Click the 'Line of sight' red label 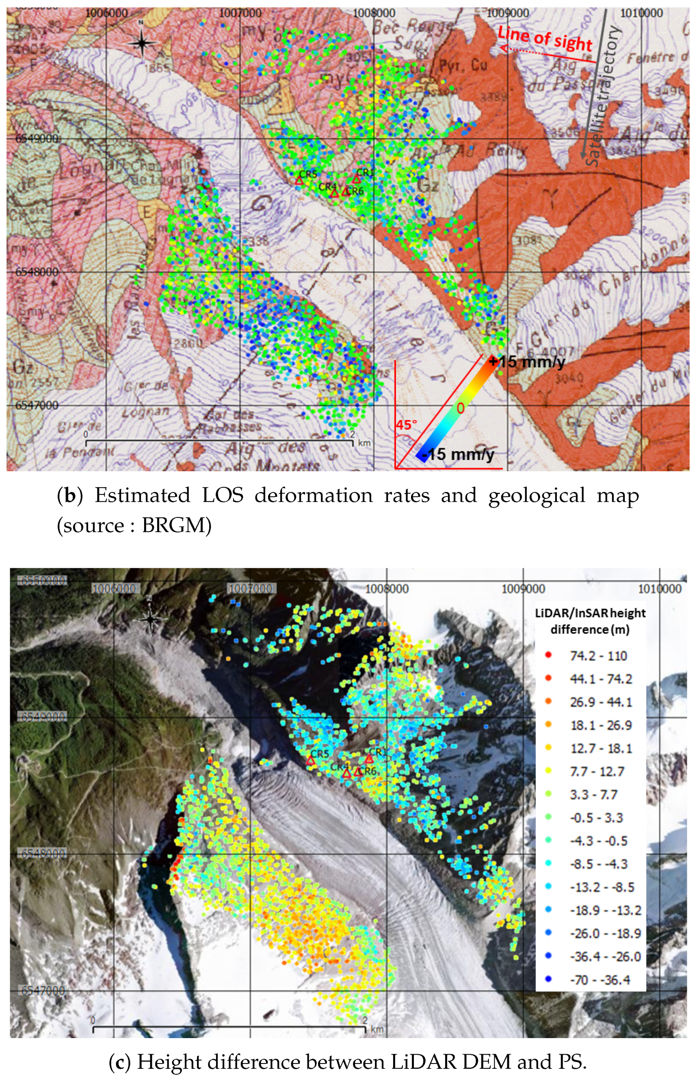pyautogui.click(x=545, y=39)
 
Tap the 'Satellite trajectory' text pyautogui.click(x=602, y=95)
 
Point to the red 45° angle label pyautogui.click(x=406, y=425)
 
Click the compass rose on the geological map pyautogui.click(x=142, y=42)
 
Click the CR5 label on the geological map pyautogui.click(x=308, y=174)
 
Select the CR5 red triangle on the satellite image pyautogui.click(x=310, y=760)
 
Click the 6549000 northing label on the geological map pyautogui.click(x=37, y=139)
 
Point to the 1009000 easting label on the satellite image pyautogui.click(x=523, y=589)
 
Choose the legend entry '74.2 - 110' pyautogui.click(x=598, y=656)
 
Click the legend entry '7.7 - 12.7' pyautogui.click(x=597, y=771)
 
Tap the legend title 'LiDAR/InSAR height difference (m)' pyautogui.click(x=590, y=621)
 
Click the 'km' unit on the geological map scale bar pyautogui.click(x=364, y=442)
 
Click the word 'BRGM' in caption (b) pyautogui.click(x=177, y=525)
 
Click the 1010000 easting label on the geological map pyautogui.click(x=641, y=13)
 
